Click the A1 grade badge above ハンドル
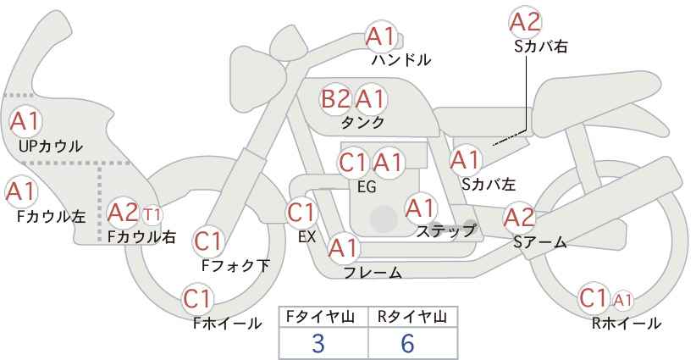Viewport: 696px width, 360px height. click(x=381, y=36)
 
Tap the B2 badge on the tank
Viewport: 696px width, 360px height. click(x=335, y=99)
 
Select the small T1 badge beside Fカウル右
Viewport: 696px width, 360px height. click(x=152, y=215)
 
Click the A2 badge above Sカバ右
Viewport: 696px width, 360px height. click(x=525, y=22)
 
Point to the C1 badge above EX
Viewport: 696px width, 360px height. click(x=301, y=213)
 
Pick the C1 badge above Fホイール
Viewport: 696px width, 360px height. click(x=197, y=299)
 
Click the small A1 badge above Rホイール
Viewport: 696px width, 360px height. click(x=623, y=301)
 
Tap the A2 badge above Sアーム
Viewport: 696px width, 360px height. click(x=520, y=218)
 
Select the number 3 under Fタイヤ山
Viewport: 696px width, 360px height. click(x=318, y=343)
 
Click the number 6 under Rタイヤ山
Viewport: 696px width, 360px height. click(x=407, y=343)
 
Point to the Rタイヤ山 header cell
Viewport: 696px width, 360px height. click(x=413, y=318)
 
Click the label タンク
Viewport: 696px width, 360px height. click(x=362, y=122)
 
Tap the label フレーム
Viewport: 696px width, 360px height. click(x=373, y=273)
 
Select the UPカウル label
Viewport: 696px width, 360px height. click(x=51, y=146)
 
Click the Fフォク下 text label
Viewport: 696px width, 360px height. click(x=235, y=265)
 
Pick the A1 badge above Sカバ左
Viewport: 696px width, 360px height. click(x=466, y=160)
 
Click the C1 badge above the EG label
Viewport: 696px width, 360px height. click(x=353, y=163)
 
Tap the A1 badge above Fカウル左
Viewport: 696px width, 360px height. click(x=21, y=191)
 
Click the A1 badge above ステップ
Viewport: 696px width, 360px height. click(x=421, y=208)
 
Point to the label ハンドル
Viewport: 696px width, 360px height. click(x=401, y=60)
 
